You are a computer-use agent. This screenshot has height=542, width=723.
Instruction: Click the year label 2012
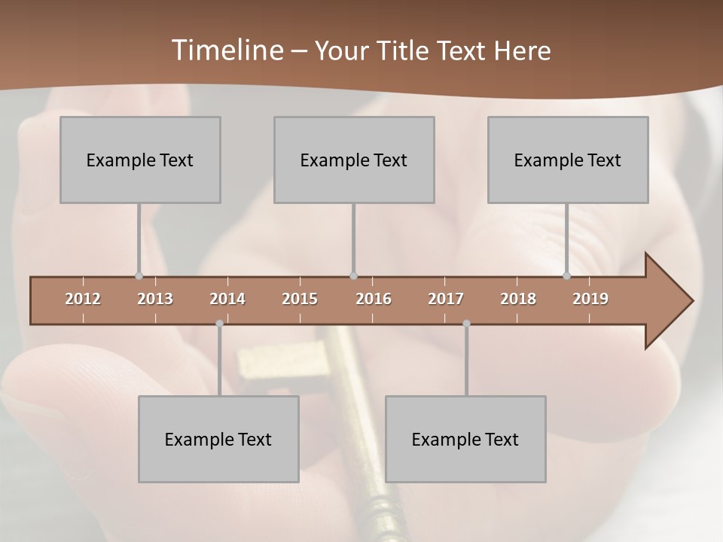click(83, 299)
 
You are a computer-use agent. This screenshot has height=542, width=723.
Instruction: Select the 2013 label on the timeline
click(155, 299)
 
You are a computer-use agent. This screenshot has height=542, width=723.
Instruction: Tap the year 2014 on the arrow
click(227, 299)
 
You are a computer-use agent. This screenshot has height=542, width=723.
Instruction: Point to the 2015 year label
click(300, 299)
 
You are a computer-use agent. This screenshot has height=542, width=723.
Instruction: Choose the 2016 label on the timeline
click(374, 299)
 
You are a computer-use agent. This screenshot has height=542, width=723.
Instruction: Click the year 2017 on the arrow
click(446, 299)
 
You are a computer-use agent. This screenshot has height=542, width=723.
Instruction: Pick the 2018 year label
click(518, 299)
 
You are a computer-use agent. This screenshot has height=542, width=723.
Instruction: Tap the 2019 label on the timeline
click(590, 299)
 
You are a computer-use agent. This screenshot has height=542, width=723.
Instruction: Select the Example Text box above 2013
click(140, 160)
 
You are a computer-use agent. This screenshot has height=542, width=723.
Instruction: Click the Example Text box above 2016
click(354, 160)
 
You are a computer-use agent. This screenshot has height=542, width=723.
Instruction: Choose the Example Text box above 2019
click(568, 160)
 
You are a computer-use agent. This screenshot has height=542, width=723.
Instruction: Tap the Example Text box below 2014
click(218, 439)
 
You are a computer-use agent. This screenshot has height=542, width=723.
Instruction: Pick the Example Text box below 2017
click(465, 439)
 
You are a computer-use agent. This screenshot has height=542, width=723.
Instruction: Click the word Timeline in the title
click(226, 50)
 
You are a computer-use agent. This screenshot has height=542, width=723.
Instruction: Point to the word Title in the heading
click(404, 51)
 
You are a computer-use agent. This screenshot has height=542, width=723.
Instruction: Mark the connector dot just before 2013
click(139, 276)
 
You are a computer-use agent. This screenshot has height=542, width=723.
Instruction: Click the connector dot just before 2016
click(353, 276)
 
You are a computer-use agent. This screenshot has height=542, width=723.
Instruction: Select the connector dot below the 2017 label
click(466, 324)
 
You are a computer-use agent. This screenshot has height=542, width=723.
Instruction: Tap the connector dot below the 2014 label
click(219, 324)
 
